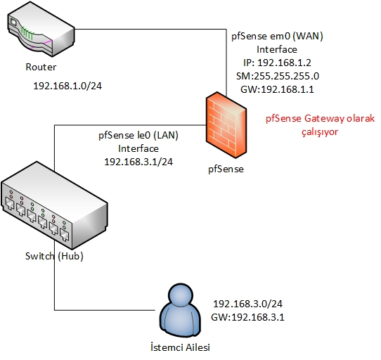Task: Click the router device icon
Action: coord(41,29)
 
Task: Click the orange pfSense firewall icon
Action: coord(226,125)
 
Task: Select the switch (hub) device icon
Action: coord(54,205)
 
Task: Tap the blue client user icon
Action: coord(181,310)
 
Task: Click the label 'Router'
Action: coord(41,67)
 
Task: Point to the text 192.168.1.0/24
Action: coord(67,86)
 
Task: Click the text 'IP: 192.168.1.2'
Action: coord(277,63)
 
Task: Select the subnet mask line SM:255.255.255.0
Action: coord(278,76)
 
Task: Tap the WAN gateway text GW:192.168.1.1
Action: coord(277,89)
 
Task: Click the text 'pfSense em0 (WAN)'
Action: coord(277,37)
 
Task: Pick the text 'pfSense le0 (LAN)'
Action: coord(138,135)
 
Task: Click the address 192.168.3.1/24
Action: coord(138,162)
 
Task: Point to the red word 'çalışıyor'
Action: coord(320,132)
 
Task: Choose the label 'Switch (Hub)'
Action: coord(54,256)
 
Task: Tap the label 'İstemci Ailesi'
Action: coord(180,347)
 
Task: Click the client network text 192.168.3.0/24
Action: coord(248,304)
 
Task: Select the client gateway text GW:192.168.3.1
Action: coord(248,317)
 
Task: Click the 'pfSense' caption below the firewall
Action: coord(226,169)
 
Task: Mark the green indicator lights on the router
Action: coord(27,33)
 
